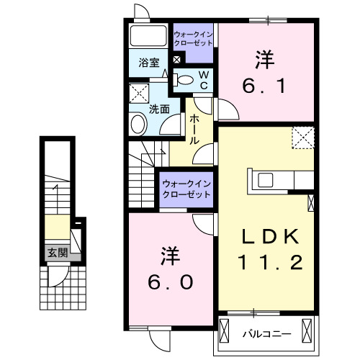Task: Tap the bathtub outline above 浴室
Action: [x=149, y=35]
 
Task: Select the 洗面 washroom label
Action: [x=159, y=109]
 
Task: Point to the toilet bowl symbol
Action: [x=184, y=80]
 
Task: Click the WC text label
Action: [x=204, y=79]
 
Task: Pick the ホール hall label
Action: [x=194, y=130]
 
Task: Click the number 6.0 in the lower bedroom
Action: [x=170, y=283]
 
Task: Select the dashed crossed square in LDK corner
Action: [x=303, y=136]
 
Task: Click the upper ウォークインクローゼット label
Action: [x=194, y=38]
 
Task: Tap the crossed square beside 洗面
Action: [x=138, y=91]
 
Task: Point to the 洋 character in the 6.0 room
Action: [x=169, y=256]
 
